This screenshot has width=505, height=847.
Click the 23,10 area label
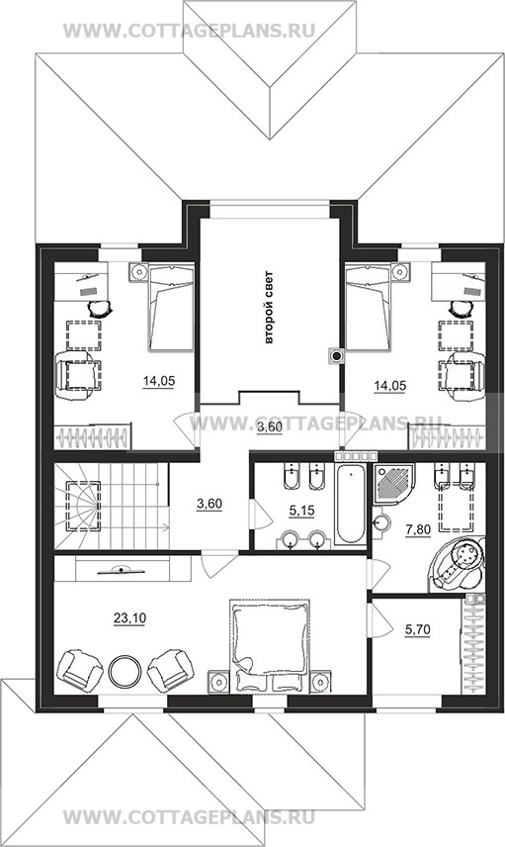129,618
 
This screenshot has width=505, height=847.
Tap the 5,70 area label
417,630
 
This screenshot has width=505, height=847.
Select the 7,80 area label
418,529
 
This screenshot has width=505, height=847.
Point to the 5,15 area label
301,510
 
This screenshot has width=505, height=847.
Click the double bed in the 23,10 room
270,645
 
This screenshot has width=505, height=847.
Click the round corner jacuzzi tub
458,562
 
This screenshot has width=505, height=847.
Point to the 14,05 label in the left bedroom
159,381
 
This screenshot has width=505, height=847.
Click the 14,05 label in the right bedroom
390,385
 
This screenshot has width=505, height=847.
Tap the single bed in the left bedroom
171,308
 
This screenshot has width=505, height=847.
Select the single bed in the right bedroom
368,308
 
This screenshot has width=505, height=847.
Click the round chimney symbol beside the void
338,355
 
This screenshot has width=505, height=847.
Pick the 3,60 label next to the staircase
210,504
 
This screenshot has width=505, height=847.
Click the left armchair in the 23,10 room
79,670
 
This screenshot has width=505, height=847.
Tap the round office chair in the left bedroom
100,309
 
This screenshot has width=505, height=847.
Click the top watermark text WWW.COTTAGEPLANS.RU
189,31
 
